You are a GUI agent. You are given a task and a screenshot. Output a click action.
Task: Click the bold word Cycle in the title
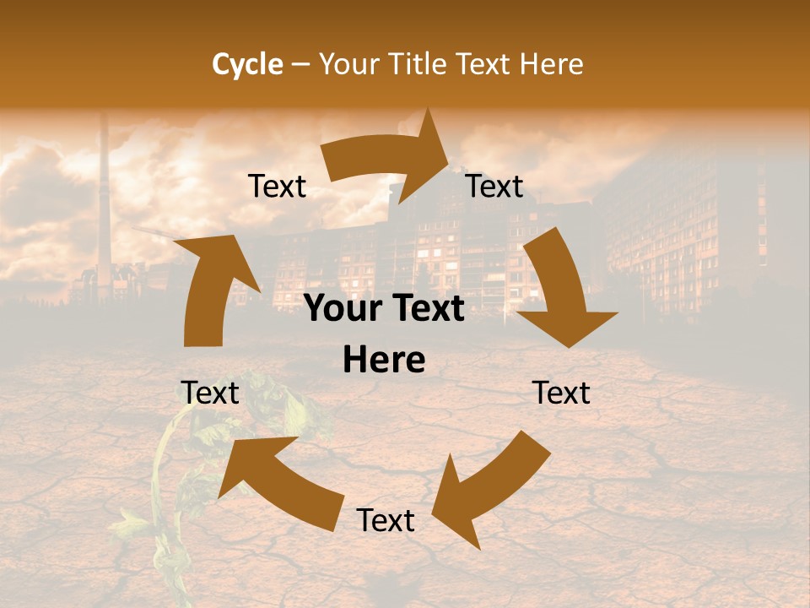pos(247,64)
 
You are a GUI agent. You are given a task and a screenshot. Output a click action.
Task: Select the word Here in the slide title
pos(552,64)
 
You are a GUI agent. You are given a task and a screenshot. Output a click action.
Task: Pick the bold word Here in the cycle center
pos(384,361)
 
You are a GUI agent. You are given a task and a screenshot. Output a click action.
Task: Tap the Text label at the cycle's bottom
pos(386,520)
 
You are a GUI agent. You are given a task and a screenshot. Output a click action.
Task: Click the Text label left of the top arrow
pos(277,186)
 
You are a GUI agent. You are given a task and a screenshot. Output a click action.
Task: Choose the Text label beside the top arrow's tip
pos(494,186)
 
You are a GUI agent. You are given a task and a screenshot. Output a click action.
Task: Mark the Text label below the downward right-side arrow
pos(561,393)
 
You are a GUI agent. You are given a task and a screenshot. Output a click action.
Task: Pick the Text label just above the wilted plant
pos(210,393)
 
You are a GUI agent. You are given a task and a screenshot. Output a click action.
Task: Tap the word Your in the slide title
pos(353,64)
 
